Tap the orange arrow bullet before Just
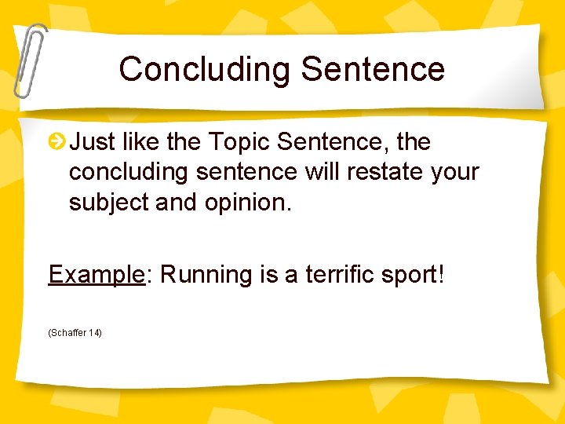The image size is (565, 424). pos(56,142)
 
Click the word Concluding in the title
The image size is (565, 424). pos(205,69)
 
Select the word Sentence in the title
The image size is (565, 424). pos(373,69)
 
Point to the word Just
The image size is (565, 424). pos(94,142)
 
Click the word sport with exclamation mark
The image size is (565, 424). pos(414,275)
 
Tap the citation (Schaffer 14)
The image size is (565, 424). pos(75,333)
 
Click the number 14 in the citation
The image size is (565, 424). pos(94,333)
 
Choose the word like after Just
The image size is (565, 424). pos(143,142)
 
